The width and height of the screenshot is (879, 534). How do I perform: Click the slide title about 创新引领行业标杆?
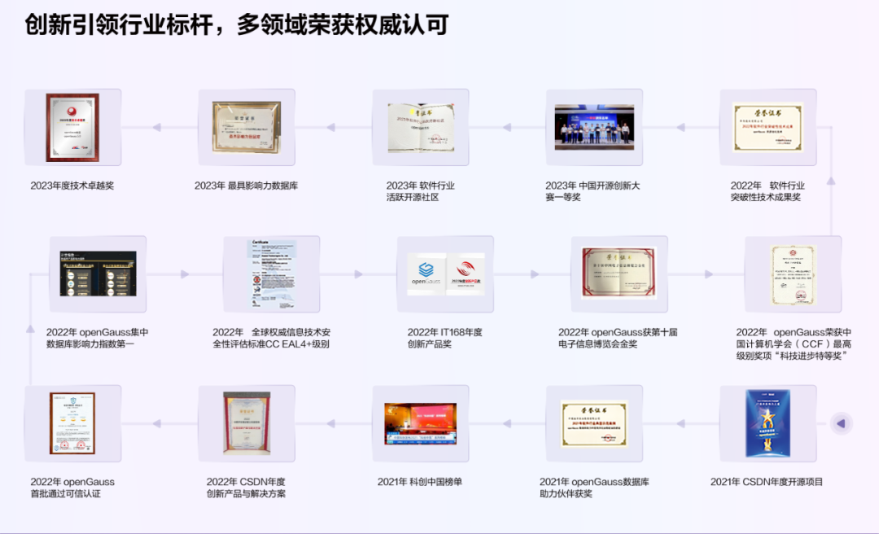[236, 25]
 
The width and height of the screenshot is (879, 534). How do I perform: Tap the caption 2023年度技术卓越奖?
[72, 186]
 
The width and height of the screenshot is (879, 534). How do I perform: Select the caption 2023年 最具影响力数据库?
[246, 186]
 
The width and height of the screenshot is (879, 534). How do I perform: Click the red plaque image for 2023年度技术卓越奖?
[72, 128]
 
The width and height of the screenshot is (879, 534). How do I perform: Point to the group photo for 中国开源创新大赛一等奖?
[594, 127]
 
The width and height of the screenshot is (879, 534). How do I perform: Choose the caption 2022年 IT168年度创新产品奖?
[445, 338]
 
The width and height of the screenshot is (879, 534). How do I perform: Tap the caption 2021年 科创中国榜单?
[420, 482]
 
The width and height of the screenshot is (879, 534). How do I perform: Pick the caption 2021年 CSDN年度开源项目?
[767, 482]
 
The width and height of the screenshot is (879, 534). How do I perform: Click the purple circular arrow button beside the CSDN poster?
[841, 423]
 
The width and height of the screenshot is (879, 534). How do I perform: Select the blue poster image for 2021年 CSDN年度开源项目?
[768, 423]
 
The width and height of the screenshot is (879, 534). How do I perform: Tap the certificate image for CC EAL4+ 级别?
[271, 274]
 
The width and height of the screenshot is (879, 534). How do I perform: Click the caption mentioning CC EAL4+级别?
[271, 338]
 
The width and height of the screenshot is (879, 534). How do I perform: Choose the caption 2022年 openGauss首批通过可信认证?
[72, 488]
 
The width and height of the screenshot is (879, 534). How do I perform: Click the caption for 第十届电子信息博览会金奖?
[618, 338]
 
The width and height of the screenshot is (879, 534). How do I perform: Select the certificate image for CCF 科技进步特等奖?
[793, 274]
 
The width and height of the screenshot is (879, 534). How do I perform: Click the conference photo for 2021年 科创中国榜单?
[421, 423]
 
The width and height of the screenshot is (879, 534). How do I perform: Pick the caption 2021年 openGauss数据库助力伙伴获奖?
[594, 488]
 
